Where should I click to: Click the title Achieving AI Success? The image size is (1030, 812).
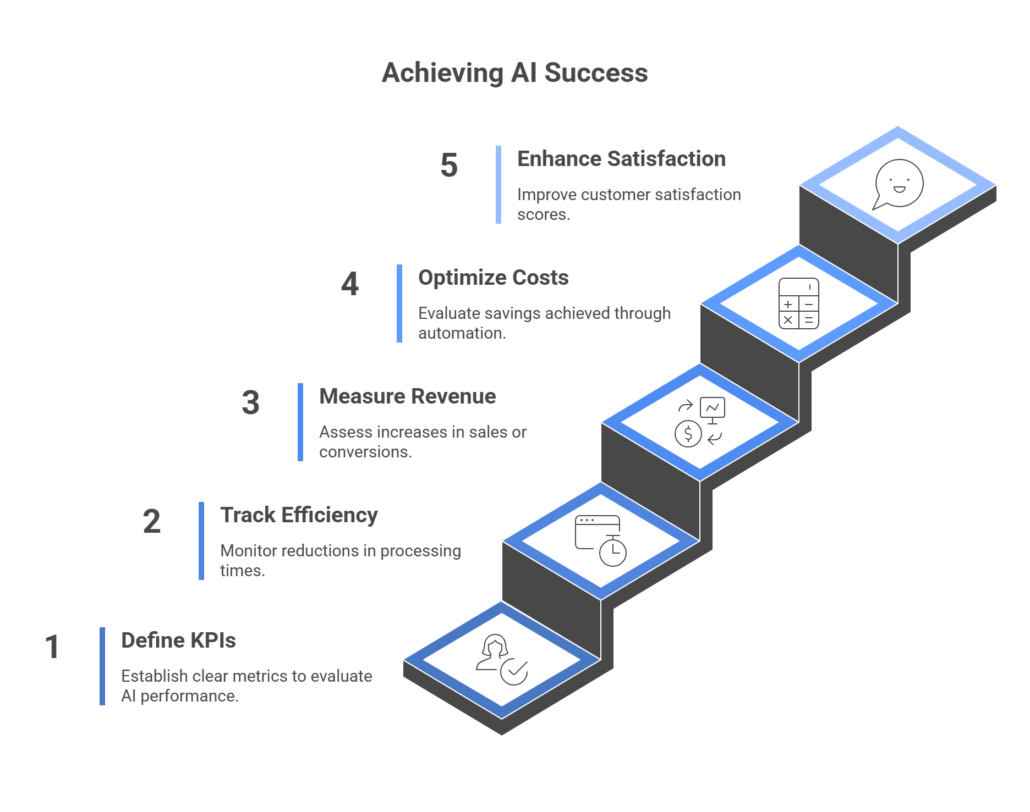coord(514,73)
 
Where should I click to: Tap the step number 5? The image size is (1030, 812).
coord(449,165)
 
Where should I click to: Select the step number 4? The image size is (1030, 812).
coord(350,284)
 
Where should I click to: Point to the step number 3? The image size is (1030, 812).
coord(251,402)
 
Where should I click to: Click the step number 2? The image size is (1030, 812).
coord(152,521)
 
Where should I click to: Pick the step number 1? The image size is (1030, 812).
coord(52,647)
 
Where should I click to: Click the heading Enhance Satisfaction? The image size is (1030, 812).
coord(621,159)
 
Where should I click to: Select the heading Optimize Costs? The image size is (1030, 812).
coord(493,278)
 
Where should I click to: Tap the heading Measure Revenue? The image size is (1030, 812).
coord(407,396)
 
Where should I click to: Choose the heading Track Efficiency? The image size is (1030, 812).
coord(299,515)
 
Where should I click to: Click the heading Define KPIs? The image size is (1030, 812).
coord(178,640)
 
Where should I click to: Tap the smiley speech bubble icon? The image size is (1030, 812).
coord(898,184)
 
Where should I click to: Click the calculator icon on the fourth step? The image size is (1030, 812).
coord(798,303)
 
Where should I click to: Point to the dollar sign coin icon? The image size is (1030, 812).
coord(688,434)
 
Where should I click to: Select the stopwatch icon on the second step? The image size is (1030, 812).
coord(612,551)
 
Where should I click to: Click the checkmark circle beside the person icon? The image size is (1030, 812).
coord(514,671)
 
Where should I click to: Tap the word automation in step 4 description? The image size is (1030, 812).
coord(461,333)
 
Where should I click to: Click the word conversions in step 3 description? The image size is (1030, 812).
coord(364,452)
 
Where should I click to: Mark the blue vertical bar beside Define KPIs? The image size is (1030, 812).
coord(102,666)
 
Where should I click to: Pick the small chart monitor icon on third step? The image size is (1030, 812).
coord(713,409)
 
